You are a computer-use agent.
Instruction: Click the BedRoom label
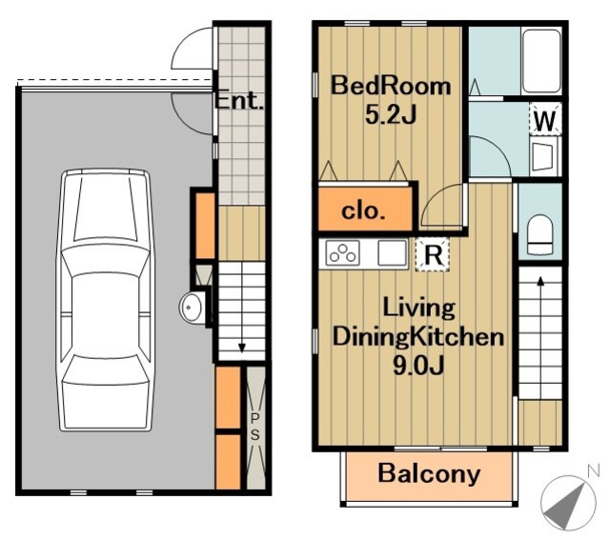391,86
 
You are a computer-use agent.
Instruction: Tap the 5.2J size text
391,114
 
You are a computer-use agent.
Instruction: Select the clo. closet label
364,211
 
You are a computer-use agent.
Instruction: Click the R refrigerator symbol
433,254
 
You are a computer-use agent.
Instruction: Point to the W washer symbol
545,120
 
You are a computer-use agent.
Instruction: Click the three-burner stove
342,253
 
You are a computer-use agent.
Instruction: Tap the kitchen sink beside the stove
392,253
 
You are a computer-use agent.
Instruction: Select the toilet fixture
540,234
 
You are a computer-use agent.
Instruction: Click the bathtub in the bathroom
541,61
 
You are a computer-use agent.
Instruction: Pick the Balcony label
429,473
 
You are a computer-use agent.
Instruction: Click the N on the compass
593,471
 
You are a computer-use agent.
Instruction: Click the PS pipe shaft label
254,427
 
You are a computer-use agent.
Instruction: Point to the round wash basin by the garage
191,307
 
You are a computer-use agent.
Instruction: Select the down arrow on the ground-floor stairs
241,343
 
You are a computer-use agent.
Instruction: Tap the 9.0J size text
418,366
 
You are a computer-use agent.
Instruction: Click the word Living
419,309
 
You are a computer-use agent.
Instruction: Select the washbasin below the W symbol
543,157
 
